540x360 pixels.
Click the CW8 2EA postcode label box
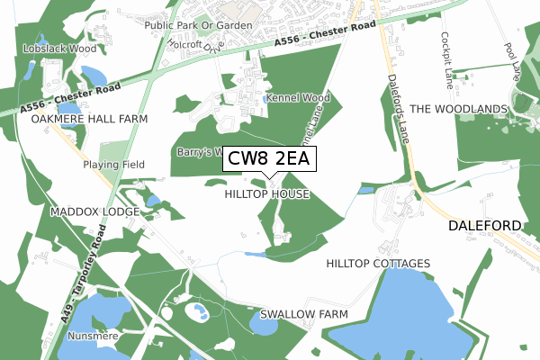(x=268, y=159)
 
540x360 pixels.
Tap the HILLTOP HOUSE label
(x=266, y=193)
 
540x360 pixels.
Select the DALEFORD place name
(x=485, y=227)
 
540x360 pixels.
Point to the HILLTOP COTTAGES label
(x=378, y=264)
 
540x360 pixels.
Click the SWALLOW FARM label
(x=303, y=314)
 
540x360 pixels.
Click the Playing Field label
(x=114, y=166)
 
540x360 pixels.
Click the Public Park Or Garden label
(x=199, y=25)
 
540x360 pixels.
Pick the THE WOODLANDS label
(x=459, y=109)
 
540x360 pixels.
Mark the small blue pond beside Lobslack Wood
(x=92, y=75)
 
